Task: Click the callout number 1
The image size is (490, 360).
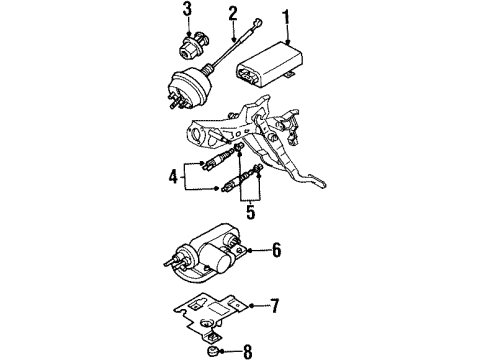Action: [x=286, y=18]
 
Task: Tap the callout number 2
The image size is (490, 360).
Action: [x=233, y=15]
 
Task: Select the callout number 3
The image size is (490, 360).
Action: [x=187, y=10]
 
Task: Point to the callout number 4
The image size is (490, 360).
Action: [x=173, y=177]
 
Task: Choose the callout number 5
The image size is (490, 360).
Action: [x=250, y=211]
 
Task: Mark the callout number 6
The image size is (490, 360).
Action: [x=276, y=250]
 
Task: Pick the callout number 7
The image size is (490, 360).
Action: [x=274, y=306]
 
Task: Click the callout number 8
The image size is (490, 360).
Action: [x=247, y=351]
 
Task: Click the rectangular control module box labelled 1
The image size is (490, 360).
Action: [x=270, y=65]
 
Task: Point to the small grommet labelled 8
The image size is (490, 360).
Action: [x=211, y=351]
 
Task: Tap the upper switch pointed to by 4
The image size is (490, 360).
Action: [x=218, y=160]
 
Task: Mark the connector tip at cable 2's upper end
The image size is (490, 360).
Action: [x=259, y=23]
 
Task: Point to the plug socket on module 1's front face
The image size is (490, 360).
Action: [x=249, y=74]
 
